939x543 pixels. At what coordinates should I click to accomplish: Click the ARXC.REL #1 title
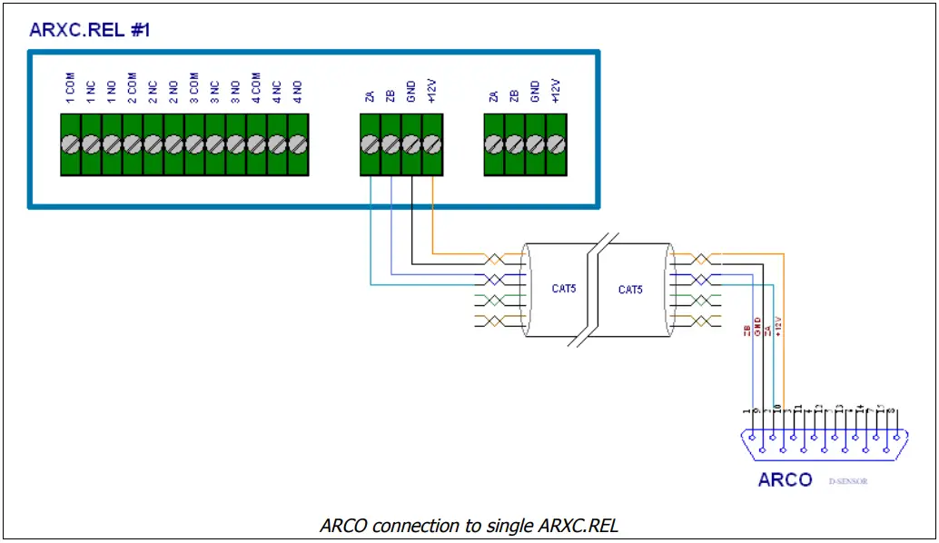click(x=90, y=30)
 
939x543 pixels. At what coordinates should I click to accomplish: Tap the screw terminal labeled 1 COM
click(x=71, y=143)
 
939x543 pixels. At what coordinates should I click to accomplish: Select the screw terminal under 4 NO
click(x=298, y=143)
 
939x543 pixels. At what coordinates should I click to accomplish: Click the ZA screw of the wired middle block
click(x=370, y=143)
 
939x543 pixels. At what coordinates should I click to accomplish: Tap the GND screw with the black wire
click(x=411, y=143)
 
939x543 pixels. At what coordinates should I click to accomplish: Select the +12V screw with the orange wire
click(x=432, y=143)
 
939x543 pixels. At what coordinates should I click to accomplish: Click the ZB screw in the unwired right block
click(x=515, y=143)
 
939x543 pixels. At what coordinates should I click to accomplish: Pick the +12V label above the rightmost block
click(x=556, y=90)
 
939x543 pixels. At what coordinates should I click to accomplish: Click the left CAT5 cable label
click(x=565, y=290)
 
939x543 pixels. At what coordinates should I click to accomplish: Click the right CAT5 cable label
click(x=631, y=290)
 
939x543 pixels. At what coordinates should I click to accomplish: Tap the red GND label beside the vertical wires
click(x=757, y=327)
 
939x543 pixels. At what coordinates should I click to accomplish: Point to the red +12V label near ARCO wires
click(x=778, y=327)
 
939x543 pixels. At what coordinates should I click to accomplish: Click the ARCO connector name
click(x=786, y=479)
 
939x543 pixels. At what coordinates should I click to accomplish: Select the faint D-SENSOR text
click(x=848, y=480)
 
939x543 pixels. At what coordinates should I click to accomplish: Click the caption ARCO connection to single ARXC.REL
click(x=469, y=525)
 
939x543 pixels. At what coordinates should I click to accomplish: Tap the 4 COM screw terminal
click(x=256, y=143)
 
